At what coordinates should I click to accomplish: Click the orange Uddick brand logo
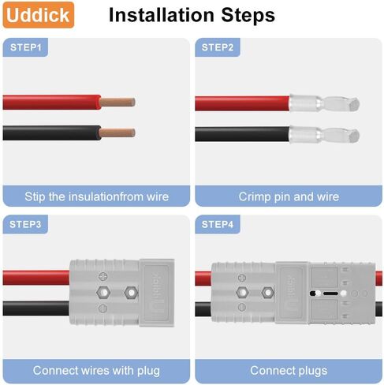[x=38, y=15]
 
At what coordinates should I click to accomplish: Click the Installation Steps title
[x=192, y=15]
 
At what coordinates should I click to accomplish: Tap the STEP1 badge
[x=26, y=48]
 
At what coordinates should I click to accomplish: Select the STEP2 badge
[x=218, y=48]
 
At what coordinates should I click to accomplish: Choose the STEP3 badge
[x=26, y=225]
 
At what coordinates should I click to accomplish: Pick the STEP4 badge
[x=218, y=225]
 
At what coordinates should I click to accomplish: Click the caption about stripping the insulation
[x=96, y=196]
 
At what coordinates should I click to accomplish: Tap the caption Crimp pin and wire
[x=289, y=196]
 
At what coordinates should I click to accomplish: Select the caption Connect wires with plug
[x=96, y=370]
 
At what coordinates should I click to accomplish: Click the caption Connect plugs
[x=289, y=370]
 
